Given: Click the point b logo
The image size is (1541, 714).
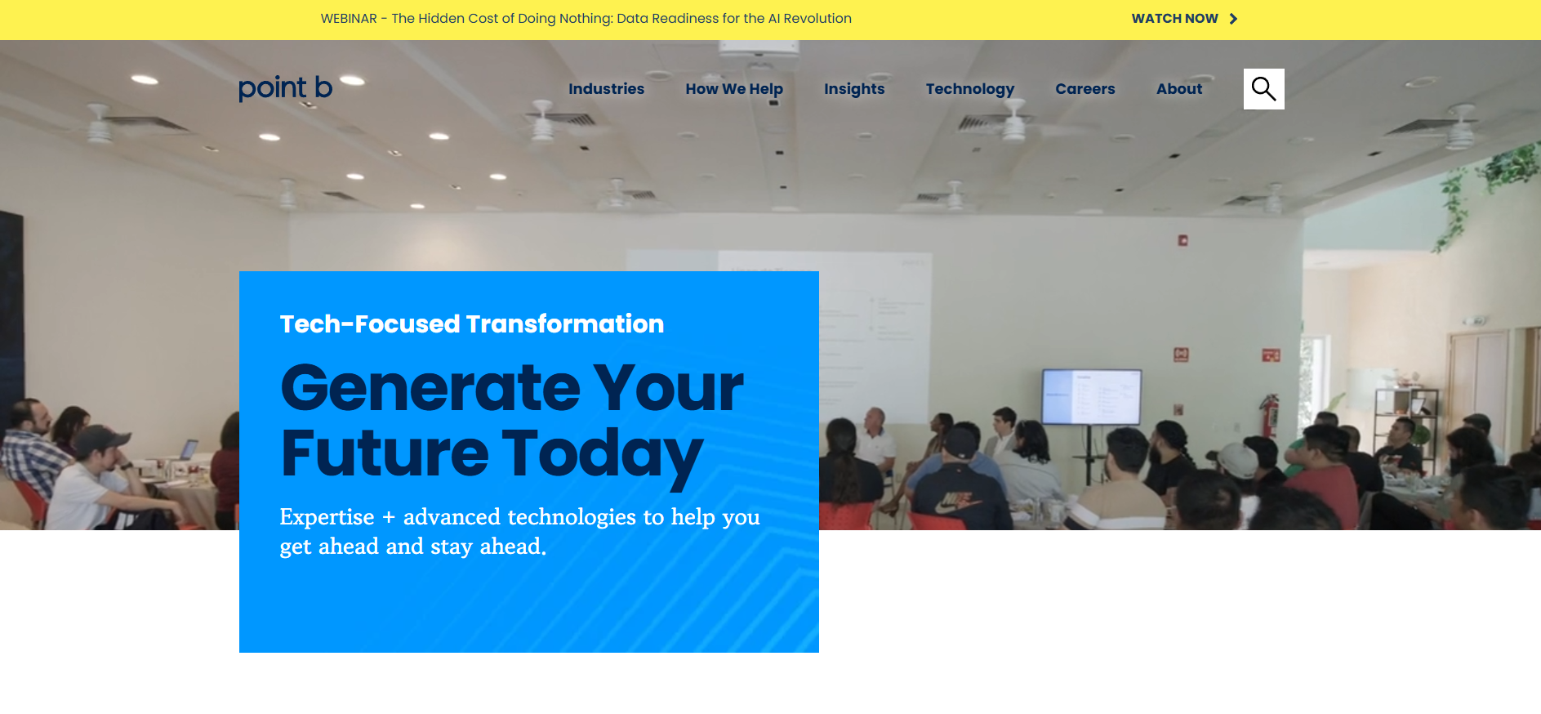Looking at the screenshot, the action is point(286,88).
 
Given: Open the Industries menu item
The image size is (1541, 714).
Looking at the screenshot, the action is point(606,89).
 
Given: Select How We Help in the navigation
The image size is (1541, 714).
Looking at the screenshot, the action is point(734,89).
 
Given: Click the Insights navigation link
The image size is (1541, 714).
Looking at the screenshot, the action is point(854,89).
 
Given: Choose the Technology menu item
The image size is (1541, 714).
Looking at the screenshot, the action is point(970,89).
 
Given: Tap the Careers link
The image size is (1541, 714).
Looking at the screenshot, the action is point(1085,89).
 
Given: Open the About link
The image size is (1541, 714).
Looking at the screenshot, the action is point(1179,89).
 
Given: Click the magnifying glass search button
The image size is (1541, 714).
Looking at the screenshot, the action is point(1264,89).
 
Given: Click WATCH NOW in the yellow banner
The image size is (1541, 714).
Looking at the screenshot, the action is point(1174,19).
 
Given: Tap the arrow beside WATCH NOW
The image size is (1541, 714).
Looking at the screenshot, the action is point(1233,19).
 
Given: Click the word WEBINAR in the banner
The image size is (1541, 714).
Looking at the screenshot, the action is point(349,19).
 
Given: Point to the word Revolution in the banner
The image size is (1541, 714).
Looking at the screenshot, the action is point(817,19).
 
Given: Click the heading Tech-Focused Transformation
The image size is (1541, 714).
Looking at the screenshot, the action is point(472,324).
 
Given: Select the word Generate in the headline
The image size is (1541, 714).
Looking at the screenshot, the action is point(430,388).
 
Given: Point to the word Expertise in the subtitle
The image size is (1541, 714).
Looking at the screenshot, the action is point(327,517).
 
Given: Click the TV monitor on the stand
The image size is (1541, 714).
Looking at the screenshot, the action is point(1091,396).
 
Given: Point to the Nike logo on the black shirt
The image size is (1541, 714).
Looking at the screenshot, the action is point(953,500).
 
